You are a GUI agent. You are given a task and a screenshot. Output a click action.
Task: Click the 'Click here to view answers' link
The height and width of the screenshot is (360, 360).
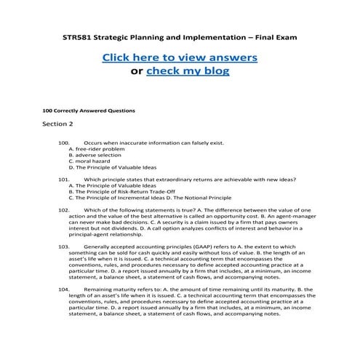[179, 57]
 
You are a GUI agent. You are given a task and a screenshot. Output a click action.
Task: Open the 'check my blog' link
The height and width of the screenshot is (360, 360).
[188, 71]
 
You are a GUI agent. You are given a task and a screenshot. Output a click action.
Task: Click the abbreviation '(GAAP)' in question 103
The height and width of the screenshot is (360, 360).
[194, 247]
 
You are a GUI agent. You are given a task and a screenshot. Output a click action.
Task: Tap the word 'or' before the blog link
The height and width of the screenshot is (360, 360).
[136, 71]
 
